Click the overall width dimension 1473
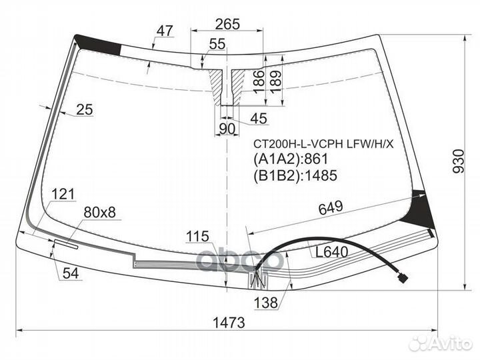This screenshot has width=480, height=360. tap(229, 323)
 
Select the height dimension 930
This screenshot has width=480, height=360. tap(459, 161)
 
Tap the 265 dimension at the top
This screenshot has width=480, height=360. tap(227, 24)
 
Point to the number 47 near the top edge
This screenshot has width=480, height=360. tap(165, 31)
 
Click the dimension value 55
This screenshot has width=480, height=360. tap(217, 44)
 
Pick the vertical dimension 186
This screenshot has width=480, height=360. tap(259, 82)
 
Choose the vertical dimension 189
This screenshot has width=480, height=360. tap(275, 83)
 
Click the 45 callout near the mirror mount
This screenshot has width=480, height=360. tap(259, 118)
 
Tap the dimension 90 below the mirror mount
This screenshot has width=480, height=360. tap(227, 129)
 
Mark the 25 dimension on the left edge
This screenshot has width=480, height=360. tap(85, 109)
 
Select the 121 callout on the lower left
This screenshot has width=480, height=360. tap(63, 194)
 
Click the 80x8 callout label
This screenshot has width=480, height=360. tap(100, 212)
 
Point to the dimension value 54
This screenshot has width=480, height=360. tap(71, 273)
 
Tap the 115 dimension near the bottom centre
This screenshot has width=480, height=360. tap(198, 236)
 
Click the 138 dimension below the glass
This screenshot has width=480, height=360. tap(266, 303)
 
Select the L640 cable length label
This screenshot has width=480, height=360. tap(332, 252)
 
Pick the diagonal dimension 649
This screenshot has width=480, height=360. tap(331, 208)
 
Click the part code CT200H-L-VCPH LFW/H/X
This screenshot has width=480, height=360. tap(323, 143)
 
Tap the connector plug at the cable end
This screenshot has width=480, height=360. tap(403, 279)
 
